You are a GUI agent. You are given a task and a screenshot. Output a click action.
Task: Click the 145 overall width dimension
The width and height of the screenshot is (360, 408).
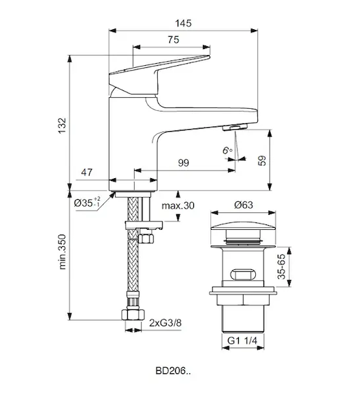pyautogui.click(x=183, y=23)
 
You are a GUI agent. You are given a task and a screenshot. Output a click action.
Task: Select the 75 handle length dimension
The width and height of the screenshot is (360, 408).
pyautogui.click(x=174, y=39)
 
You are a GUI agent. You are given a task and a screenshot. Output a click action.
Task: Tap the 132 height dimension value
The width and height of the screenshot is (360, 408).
pyautogui.click(x=62, y=126)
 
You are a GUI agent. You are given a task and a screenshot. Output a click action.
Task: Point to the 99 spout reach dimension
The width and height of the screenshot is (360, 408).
pyautogui.click(x=183, y=163)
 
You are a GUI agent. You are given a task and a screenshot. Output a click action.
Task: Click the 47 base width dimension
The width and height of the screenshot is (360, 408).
pyautogui.click(x=86, y=172)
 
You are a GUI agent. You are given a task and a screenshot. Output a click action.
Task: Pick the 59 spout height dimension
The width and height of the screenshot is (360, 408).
pyautogui.click(x=262, y=160)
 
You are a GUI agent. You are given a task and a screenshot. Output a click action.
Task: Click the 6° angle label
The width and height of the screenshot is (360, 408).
pyautogui.click(x=227, y=150)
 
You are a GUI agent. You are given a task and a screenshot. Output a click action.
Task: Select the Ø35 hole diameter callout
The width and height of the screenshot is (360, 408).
pyautogui.click(x=87, y=202)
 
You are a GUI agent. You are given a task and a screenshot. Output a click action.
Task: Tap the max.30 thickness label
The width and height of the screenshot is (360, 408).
pyautogui.click(x=178, y=205)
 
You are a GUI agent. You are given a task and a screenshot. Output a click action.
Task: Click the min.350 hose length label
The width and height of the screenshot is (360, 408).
pyautogui.click(x=62, y=252)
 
